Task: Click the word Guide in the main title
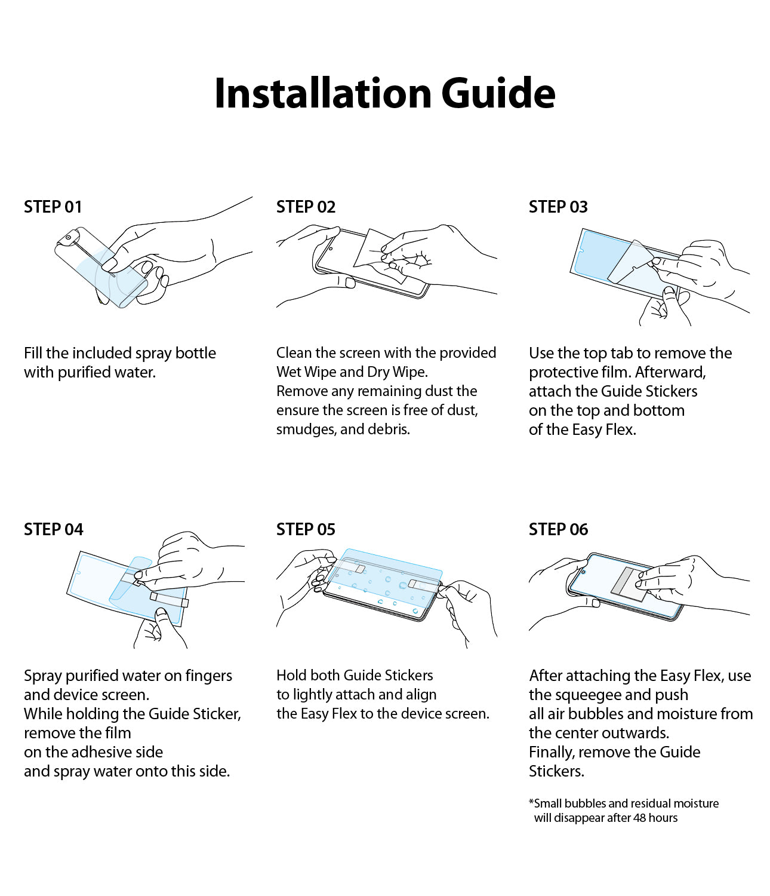pos(498,94)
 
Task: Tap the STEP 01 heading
pos(53,207)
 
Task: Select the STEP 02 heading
pos(306,207)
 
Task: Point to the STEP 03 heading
pos(558,207)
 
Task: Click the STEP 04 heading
pos(53,529)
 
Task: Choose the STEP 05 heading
pos(306,529)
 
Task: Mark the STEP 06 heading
pos(558,529)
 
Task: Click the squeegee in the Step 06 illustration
pos(630,582)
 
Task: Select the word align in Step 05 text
pos(421,695)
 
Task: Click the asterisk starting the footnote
pos(531,802)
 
